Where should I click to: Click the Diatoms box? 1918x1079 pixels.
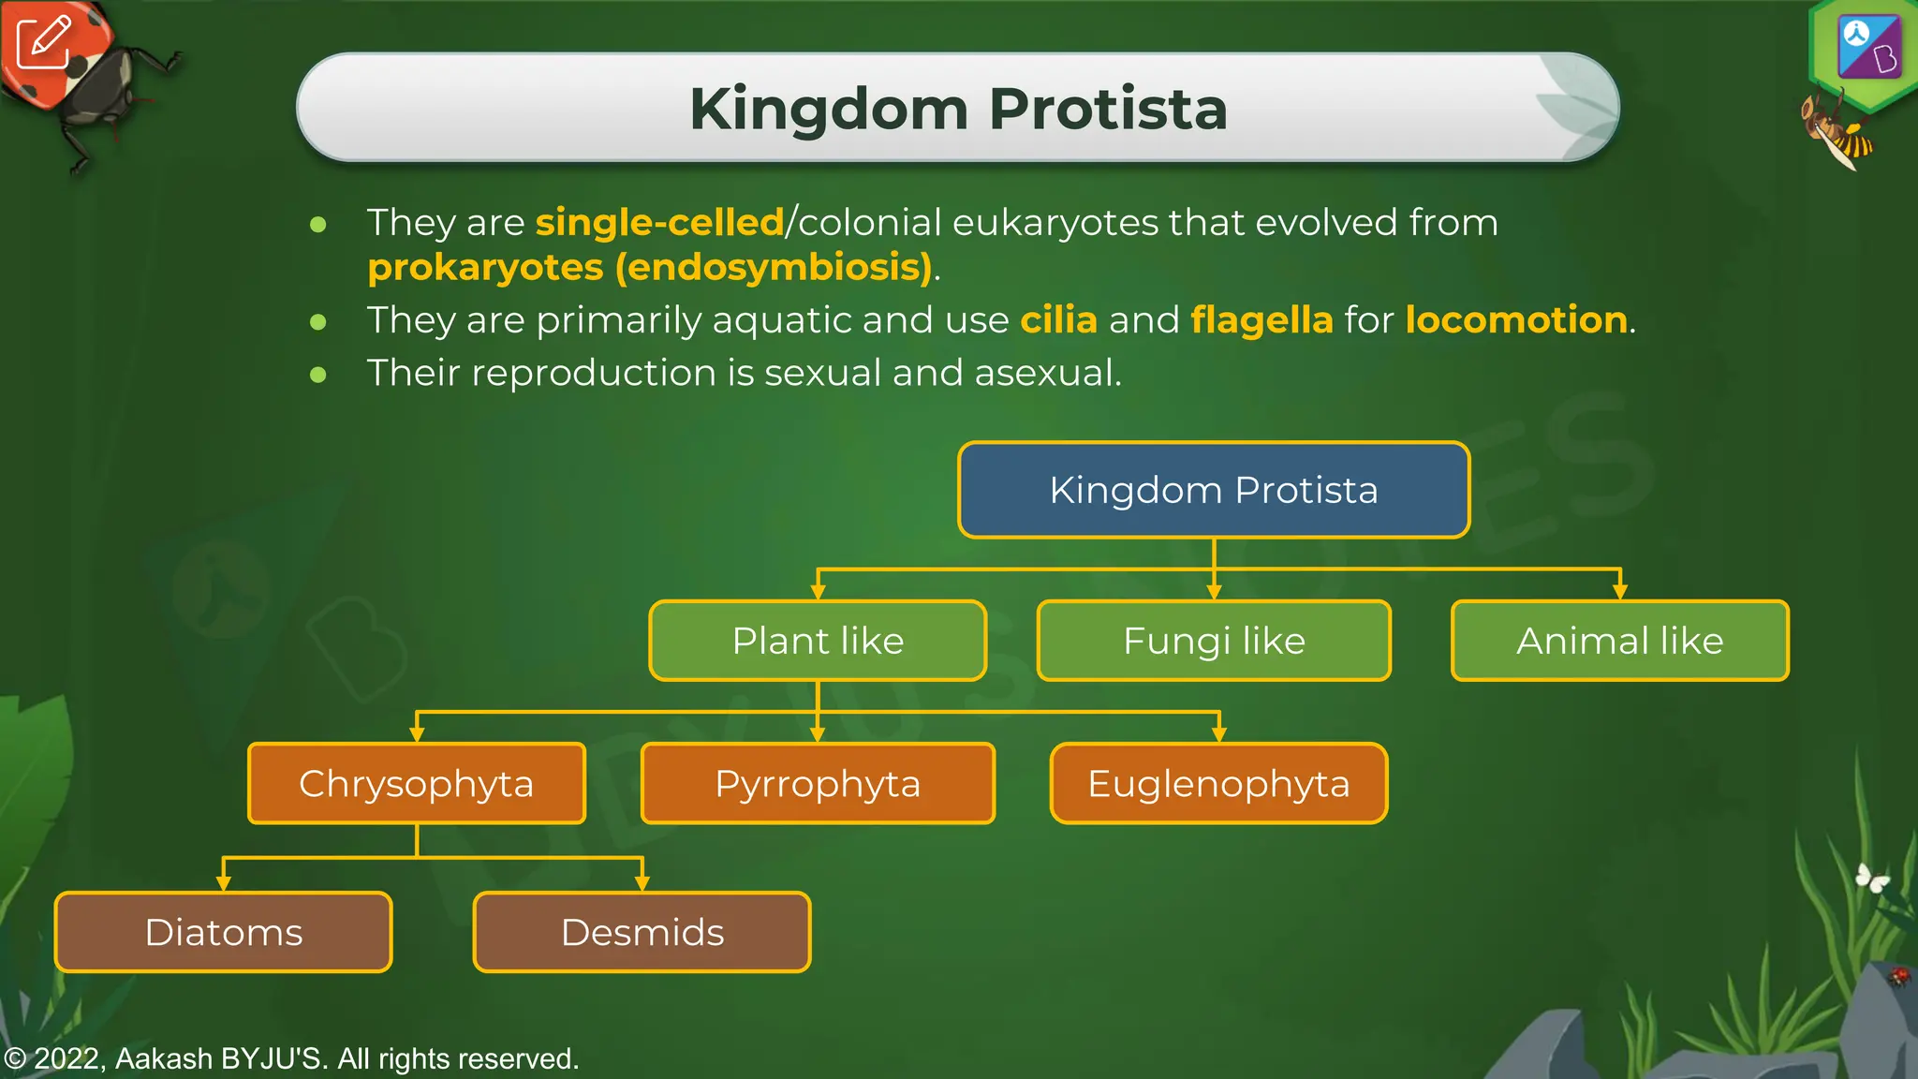point(223,932)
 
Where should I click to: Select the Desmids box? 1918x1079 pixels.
point(642,932)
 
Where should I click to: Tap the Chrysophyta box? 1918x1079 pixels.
point(416,784)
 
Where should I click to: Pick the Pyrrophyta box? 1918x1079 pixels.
point(818,784)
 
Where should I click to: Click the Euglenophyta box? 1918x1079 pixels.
point(1218,784)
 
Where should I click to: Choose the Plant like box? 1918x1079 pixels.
point(818,641)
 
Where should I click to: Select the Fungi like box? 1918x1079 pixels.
point(1214,641)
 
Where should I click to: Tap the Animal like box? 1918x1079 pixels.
point(1619,641)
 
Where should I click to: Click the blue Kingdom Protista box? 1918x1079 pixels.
point(1214,490)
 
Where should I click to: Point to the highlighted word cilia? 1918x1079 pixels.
point(1058,320)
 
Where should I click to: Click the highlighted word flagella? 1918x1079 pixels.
point(1261,320)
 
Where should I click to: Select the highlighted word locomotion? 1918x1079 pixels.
point(1515,320)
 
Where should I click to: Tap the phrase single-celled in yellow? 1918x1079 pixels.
point(659,223)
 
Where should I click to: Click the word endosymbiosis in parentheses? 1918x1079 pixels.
point(774,268)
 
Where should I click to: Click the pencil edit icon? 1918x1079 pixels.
point(43,42)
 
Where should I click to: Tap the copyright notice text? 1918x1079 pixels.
point(291,1058)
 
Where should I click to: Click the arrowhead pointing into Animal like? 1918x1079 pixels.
point(1619,592)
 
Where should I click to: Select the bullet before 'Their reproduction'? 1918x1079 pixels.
point(318,375)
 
